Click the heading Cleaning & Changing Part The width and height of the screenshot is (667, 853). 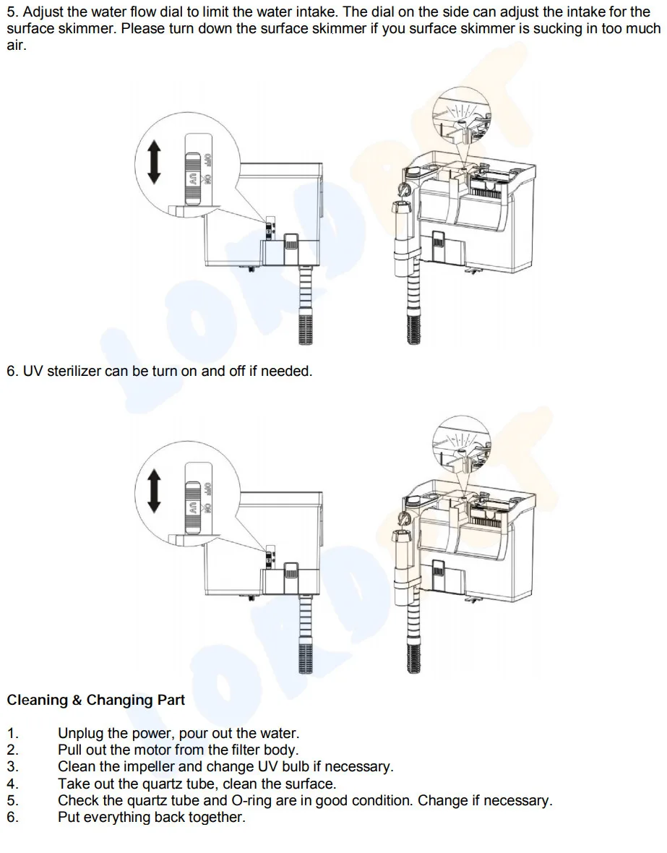96,700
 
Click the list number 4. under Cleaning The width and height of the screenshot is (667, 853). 12,784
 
